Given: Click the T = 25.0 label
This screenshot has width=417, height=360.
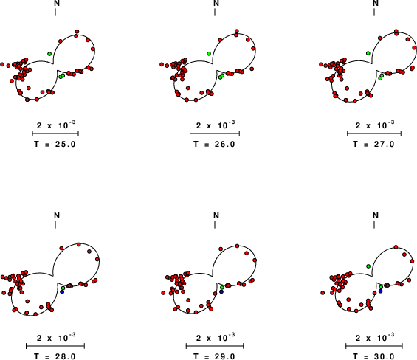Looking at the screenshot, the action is click(55, 144).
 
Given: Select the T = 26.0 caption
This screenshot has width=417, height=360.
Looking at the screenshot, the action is click(214, 144).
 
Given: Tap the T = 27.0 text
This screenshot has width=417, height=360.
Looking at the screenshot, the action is click(374, 144).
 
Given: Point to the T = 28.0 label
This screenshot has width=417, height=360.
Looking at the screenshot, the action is click(55, 356).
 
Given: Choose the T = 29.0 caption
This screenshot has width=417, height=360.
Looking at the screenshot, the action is click(214, 356).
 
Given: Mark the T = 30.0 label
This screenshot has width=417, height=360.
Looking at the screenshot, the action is click(374, 356).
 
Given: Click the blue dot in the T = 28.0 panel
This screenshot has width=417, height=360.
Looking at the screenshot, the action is click(62, 292).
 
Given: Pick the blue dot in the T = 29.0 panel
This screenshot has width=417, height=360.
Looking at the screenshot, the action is click(221, 291).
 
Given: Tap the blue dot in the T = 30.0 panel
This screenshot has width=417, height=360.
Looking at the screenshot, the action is click(381, 291).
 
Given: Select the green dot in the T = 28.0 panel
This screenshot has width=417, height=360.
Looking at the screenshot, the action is click(63, 288).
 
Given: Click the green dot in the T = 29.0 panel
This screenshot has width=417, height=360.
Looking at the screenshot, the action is click(222, 288).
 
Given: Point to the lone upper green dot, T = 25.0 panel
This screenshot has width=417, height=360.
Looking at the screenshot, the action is click(49, 54).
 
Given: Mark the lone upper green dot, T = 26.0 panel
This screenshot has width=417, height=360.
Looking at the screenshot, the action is click(209, 53).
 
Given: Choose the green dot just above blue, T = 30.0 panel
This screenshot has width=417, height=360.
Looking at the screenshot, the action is click(381, 287).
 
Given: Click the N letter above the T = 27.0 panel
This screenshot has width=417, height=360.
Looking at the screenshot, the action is click(376, 3).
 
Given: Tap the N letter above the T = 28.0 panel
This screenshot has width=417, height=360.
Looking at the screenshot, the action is click(57, 215).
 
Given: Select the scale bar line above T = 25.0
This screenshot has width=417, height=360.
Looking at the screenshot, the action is click(55, 134).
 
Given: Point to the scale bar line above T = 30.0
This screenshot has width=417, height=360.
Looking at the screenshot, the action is click(374, 346).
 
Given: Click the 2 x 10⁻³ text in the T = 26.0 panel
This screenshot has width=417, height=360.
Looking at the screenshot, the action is click(216, 125).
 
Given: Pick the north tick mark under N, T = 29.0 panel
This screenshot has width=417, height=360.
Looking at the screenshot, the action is click(215, 225).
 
